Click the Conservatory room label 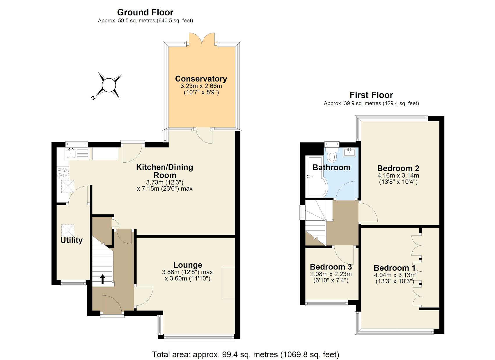point(201,79)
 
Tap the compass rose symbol point(109,85)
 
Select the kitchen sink point(71,153)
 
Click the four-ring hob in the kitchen point(63,172)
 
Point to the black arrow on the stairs point(102,279)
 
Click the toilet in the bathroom point(332,156)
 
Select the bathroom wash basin point(349,152)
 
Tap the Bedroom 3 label point(331,267)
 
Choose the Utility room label point(71,240)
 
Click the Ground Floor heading point(145,12)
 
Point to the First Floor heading point(371,95)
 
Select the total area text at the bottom point(245,354)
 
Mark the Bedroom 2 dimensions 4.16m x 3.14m point(398,175)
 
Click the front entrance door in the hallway point(112,306)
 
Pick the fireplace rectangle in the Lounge point(229,282)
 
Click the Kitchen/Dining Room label point(165,171)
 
